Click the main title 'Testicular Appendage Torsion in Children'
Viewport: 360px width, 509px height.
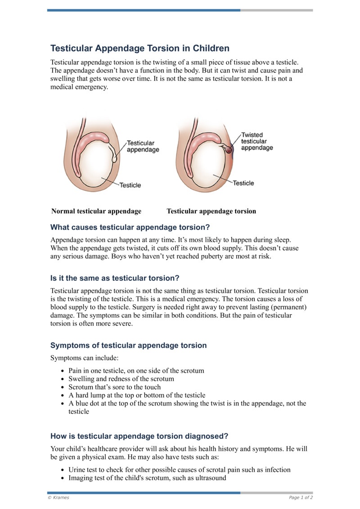[140, 49]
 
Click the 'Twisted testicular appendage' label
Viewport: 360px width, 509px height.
[257, 141]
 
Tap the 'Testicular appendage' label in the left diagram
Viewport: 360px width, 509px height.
[143, 146]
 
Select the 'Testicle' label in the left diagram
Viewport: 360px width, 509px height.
[130, 185]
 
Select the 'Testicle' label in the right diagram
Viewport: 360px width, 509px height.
[243, 183]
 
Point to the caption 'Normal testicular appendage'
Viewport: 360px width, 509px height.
[96, 211]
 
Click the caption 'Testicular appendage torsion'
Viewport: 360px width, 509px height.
[211, 211]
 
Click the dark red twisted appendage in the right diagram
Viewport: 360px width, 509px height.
[229, 150]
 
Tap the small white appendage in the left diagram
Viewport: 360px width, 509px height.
[115, 158]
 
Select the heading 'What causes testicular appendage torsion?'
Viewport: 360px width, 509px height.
[130, 227]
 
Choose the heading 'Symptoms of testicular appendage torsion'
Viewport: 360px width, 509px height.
[129, 346]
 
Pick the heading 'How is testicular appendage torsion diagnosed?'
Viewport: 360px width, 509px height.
[139, 436]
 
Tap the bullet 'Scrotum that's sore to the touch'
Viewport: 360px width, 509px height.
[114, 387]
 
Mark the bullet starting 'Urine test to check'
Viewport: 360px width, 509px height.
[179, 470]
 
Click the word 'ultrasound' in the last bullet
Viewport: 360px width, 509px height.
[210, 478]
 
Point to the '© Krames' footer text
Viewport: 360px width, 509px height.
[58, 498]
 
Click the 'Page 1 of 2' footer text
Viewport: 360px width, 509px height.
[301, 498]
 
